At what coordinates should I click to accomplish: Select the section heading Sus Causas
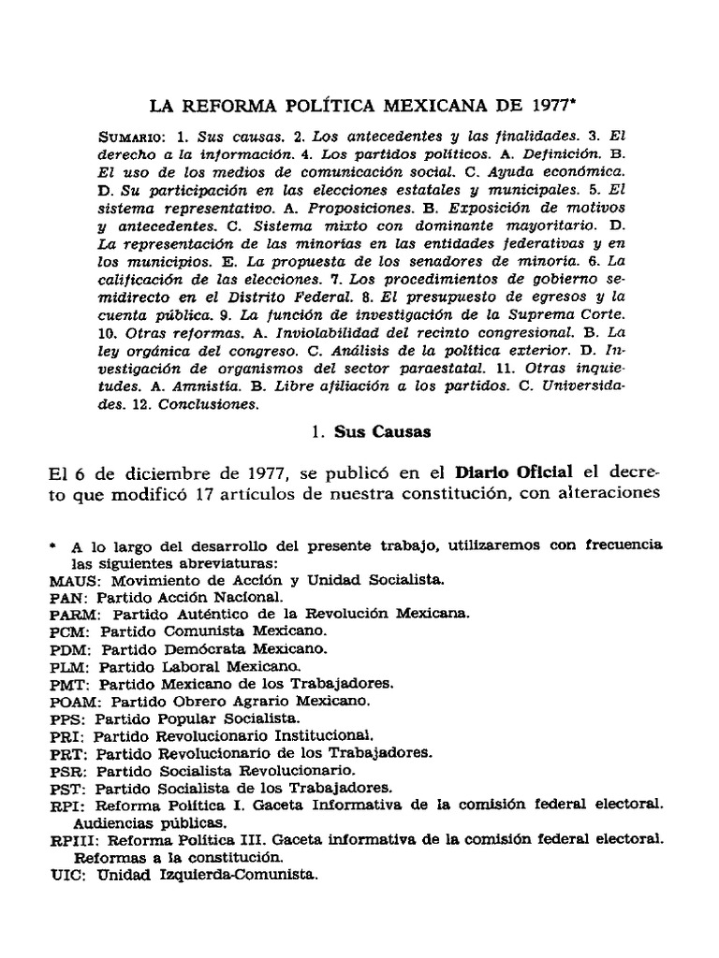[x=372, y=433]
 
